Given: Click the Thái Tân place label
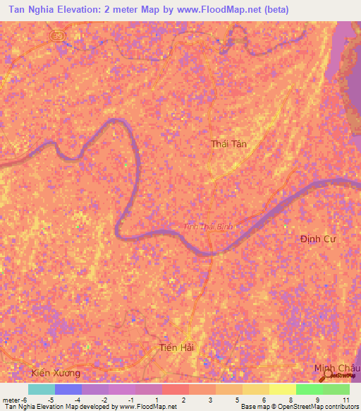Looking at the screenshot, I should [x=230, y=144].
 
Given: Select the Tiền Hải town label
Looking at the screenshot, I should [x=176, y=347].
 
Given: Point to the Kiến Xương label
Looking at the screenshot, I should [x=56, y=372].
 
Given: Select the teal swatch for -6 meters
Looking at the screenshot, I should [x=41, y=389].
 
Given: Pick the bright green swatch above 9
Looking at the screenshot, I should [x=309, y=389].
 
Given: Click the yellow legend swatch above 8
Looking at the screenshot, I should [x=282, y=389].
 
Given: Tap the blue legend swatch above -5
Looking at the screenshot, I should [x=68, y=389].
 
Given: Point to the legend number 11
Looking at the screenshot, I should [x=345, y=400].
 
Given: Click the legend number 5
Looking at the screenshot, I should [x=238, y=400].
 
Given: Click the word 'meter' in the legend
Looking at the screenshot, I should [x=11, y=400].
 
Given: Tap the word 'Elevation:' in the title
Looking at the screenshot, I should [x=79, y=11].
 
